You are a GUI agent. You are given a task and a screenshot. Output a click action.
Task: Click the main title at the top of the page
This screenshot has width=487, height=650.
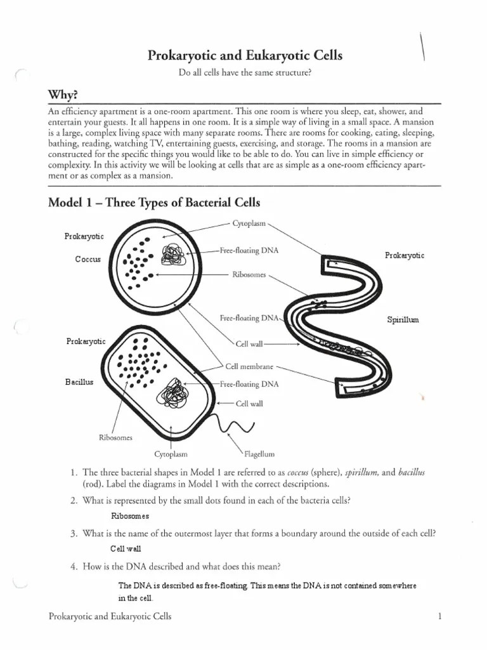coord(245,56)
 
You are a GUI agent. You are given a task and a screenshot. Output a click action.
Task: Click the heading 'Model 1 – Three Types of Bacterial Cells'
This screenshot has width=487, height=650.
coord(154,202)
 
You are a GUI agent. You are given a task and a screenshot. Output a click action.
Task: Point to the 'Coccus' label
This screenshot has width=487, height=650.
coord(88,259)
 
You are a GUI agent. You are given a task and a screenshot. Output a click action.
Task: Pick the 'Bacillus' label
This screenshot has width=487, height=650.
coord(80,382)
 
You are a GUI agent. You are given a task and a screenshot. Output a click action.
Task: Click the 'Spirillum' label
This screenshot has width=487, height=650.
coord(403,320)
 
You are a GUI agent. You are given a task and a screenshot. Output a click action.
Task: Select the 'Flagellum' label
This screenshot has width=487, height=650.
coord(259,454)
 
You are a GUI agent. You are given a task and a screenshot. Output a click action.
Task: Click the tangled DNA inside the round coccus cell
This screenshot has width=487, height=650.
coord(171,255)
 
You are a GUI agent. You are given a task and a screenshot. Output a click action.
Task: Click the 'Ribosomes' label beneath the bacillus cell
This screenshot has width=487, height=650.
coord(115,437)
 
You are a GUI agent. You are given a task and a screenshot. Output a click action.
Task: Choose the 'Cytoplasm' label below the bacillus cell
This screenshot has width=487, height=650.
coord(171,454)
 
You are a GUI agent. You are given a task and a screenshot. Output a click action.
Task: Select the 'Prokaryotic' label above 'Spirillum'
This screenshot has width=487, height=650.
coord(405,255)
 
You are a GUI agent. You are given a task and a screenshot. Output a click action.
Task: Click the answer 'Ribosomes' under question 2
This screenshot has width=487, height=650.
coord(130,516)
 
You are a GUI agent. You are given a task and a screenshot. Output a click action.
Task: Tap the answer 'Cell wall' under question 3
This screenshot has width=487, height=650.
coord(126,548)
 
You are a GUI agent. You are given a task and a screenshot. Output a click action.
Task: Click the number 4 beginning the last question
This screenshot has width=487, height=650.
coord(74,566)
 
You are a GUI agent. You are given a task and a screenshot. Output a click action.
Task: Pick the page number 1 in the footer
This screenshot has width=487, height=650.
coord(439,616)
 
